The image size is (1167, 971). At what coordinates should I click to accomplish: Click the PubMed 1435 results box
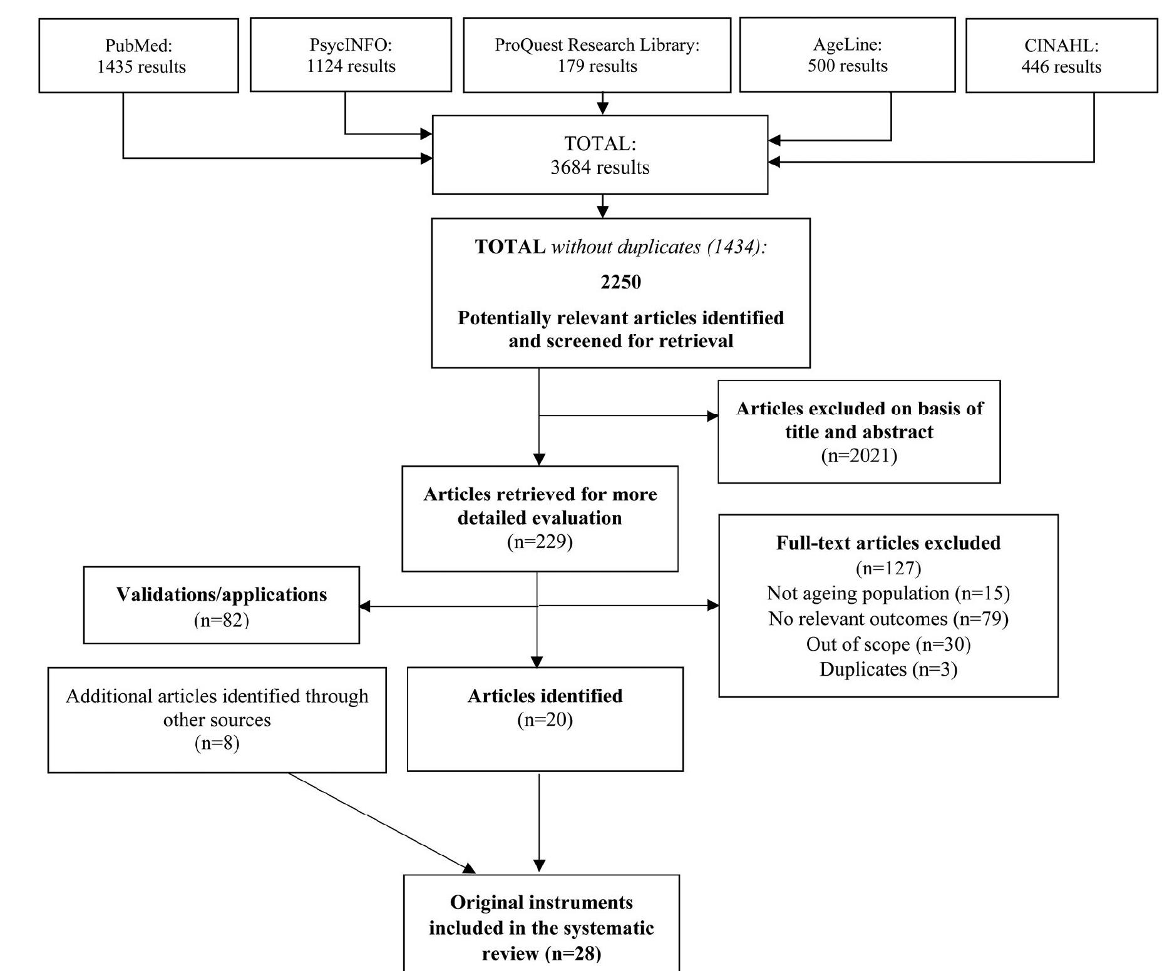pyautogui.click(x=138, y=56)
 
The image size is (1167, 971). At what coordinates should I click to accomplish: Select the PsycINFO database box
pyautogui.click(x=351, y=55)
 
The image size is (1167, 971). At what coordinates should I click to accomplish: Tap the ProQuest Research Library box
pyautogui.click(x=597, y=55)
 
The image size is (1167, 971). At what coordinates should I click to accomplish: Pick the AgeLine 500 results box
pyautogui.click(x=847, y=55)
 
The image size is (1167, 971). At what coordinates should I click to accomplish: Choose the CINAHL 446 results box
pyautogui.click(x=1061, y=56)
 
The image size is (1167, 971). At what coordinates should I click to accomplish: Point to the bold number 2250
pyautogui.click(x=620, y=282)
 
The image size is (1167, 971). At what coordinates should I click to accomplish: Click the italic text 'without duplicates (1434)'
pyautogui.click(x=659, y=247)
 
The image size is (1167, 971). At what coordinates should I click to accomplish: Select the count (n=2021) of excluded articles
pyautogui.click(x=859, y=455)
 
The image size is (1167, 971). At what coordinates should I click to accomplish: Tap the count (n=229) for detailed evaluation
pyautogui.click(x=540, y=541)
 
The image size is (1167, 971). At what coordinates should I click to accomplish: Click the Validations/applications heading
pyautogui.click(x=222, y=594)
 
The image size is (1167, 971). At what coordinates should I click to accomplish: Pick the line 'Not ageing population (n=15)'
pyautogui.click(x=888, y=593)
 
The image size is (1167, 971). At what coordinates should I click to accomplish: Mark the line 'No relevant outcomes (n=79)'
pyautogui.click(x=888, y=619)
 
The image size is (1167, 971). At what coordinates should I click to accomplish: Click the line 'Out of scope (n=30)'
pyautogui.click(x=888, y=644)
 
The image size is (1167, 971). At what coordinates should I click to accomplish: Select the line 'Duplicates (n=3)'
pyautogui.click(x=888, y=669)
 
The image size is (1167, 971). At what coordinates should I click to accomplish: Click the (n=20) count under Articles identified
pyautogui.click(x=545, y=720)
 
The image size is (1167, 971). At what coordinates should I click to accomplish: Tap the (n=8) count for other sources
pyautogui.click(x=217, y=743)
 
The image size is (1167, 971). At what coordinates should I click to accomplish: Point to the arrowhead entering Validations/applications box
pyautogui.click(x=365, y=606)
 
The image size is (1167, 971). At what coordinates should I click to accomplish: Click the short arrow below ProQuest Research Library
pyautogui.click(x=602, y=104)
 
